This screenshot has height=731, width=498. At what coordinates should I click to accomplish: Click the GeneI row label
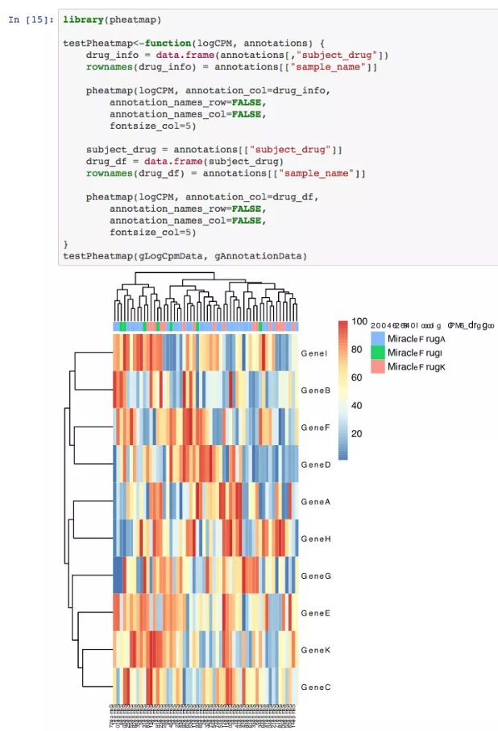click(x=314, y=353)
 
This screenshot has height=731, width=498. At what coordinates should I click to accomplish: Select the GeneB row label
click(x=314, y=390)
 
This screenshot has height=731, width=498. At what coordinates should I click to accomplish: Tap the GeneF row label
click(x=314, y=427)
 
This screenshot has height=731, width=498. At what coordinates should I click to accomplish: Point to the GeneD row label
click(x=314, y=465)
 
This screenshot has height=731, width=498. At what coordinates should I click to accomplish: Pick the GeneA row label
click(x=314, y=502)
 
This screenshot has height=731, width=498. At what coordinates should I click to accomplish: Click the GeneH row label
click(x=314, y=539)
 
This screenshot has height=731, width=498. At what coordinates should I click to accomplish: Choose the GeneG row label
click(x=314, y=576)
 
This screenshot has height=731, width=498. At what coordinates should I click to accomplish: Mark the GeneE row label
click(x=314, y=613)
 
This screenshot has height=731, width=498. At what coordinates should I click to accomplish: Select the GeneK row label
click(x=314, y=650)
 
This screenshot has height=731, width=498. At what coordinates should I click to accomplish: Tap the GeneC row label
click(x=314, y=688)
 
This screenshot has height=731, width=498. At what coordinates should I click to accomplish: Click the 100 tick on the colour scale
click(x=359, y=322)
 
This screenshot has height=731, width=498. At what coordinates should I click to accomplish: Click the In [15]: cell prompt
click(x=31, y=19)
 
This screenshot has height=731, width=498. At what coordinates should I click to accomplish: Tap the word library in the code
click(x=83, y=19)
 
